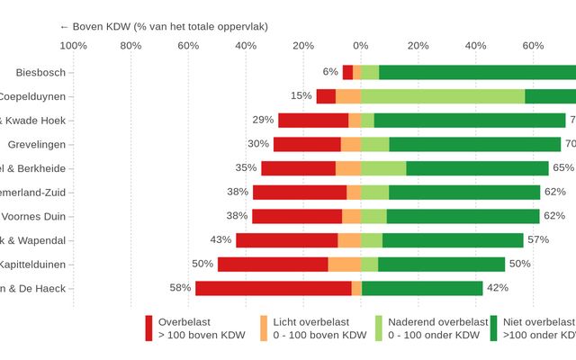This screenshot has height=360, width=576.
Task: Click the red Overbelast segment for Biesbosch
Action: [x=347, y=72]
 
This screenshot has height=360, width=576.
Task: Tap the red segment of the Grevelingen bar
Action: [x=307, y=144]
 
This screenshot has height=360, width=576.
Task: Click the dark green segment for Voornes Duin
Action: [x=463, y=216]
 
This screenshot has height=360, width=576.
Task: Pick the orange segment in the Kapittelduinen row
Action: [x=344, y=265]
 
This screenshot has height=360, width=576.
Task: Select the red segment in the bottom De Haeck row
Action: [x=274, y=288]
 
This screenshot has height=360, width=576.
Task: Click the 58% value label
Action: [x=180, y=288]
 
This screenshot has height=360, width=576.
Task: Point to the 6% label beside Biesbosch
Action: [x=330, y=72]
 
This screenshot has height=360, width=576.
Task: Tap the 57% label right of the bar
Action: [x=538, y=240]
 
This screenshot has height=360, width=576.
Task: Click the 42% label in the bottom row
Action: [x=498, y=288]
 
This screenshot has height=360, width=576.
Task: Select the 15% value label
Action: [x=301, y=96]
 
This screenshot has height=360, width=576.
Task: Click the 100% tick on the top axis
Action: [x=73, y=46]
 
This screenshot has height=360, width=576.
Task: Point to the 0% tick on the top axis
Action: [x=361, y=46]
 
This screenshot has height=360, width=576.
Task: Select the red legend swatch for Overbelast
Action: [x=149, y=328]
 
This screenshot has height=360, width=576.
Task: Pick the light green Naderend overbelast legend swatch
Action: [x=379, y=328]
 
